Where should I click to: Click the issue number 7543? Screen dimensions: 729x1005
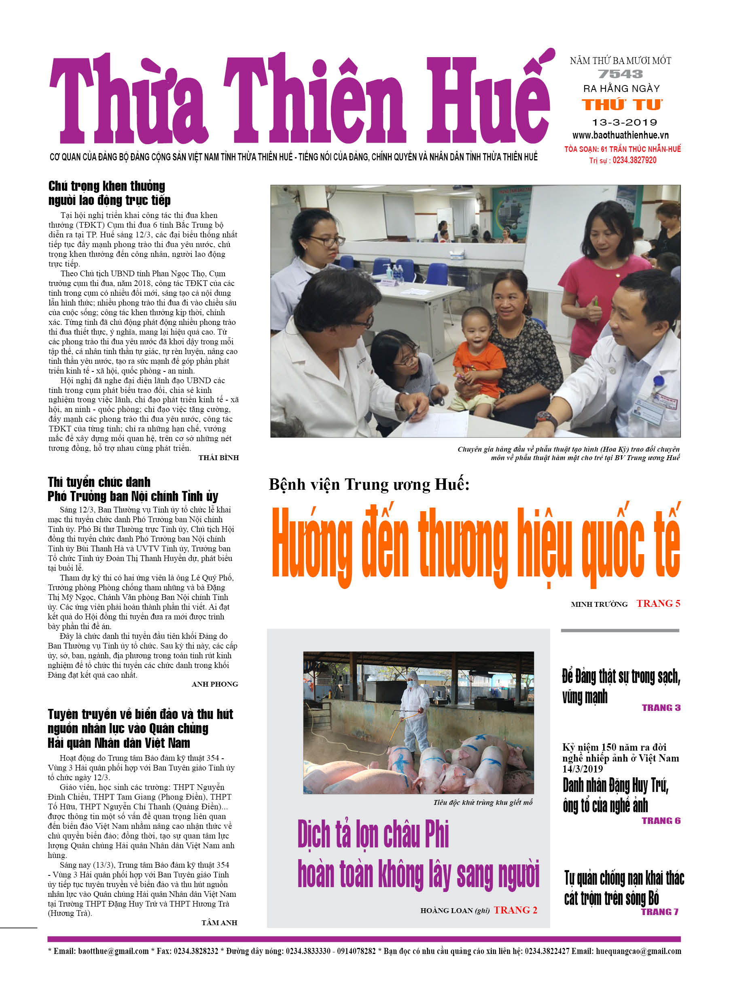coord(620,74)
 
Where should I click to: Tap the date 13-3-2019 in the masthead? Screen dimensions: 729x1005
coord(624,122)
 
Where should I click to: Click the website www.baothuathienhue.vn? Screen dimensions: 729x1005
coord(620,135)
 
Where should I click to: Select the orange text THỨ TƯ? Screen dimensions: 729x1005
coord(622,105)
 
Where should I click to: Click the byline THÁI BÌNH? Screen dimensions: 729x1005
coord(218,458)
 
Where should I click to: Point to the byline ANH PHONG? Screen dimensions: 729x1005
coord(215,684)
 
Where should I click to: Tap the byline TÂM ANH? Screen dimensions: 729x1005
coord(219,923)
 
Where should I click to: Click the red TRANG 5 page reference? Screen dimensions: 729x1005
coord(658,604)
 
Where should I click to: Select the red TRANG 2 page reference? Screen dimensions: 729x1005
coord(515,910)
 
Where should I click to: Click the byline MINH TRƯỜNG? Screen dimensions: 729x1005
coord(599,604)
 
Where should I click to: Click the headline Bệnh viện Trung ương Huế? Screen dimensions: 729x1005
coord(369,484)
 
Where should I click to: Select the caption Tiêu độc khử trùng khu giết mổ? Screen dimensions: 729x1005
coord(483,802)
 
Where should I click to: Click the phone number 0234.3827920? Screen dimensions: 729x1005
coord(634,160)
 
